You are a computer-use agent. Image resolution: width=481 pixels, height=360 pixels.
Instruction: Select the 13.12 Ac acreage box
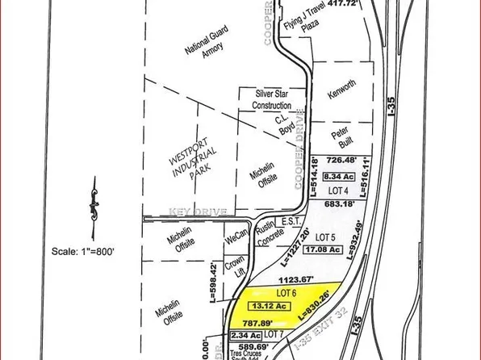tap(272, 307)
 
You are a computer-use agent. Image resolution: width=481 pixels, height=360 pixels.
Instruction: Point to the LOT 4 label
tap(337, 190)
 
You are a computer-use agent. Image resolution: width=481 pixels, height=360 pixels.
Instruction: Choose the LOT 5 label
tap(324, 237)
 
